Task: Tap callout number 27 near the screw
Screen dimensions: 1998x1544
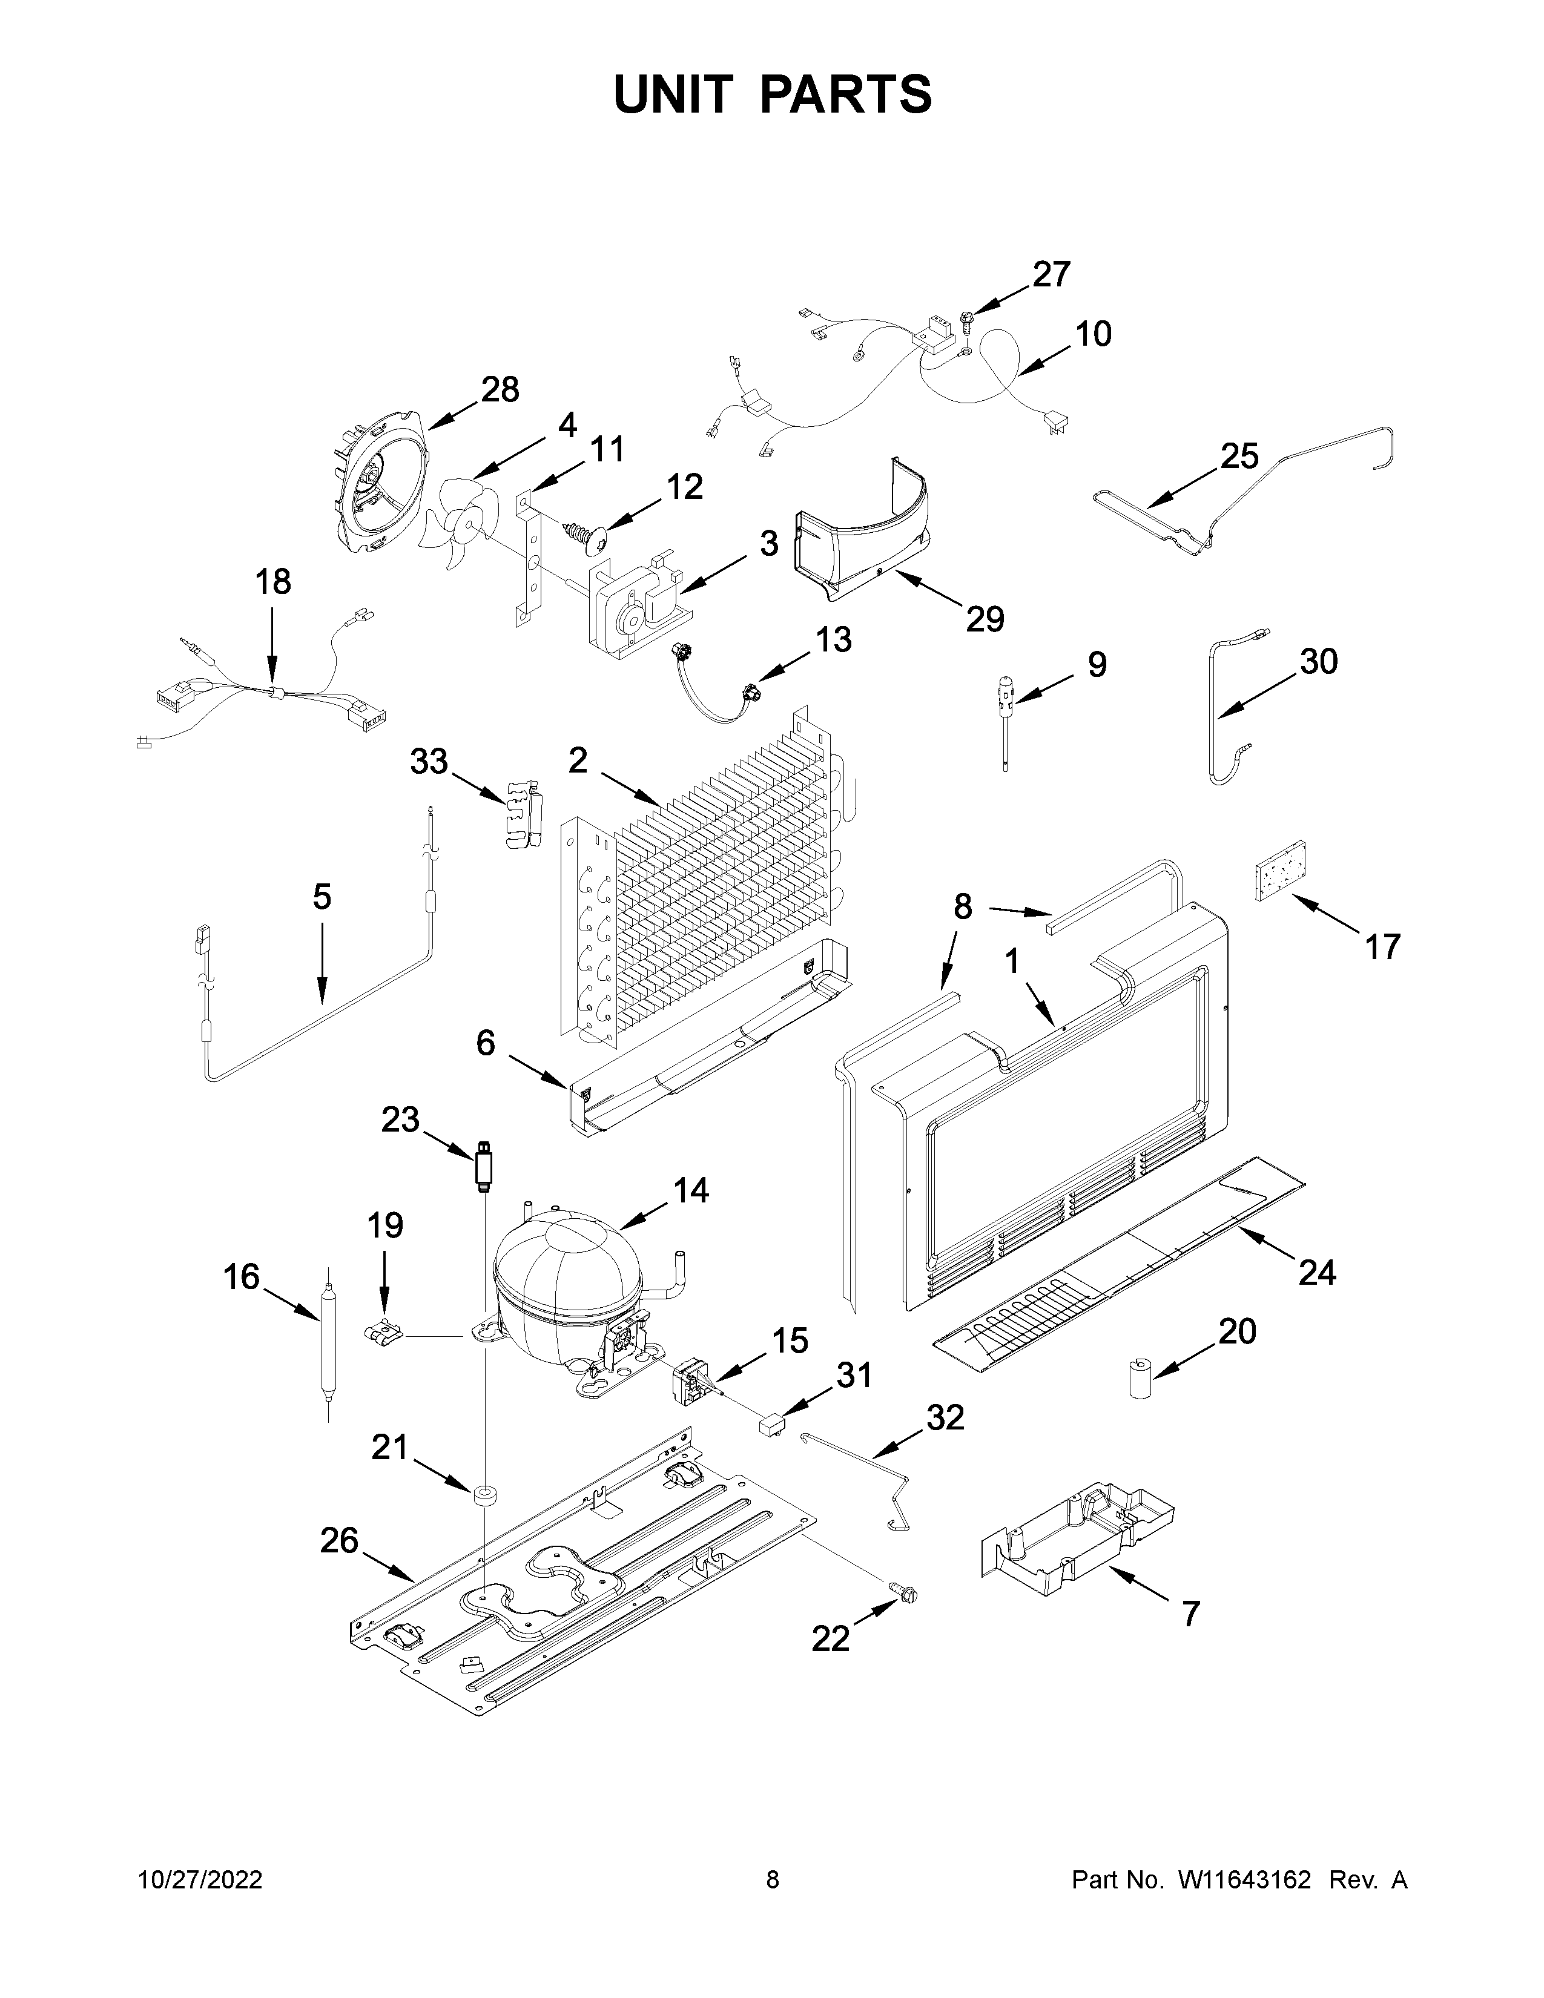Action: tap(1051, 274)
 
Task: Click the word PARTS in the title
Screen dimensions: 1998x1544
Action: tap(845, 94)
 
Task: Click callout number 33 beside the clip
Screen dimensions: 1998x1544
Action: tap(429, 761)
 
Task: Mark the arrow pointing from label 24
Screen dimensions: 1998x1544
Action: tap(1272, 1247)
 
